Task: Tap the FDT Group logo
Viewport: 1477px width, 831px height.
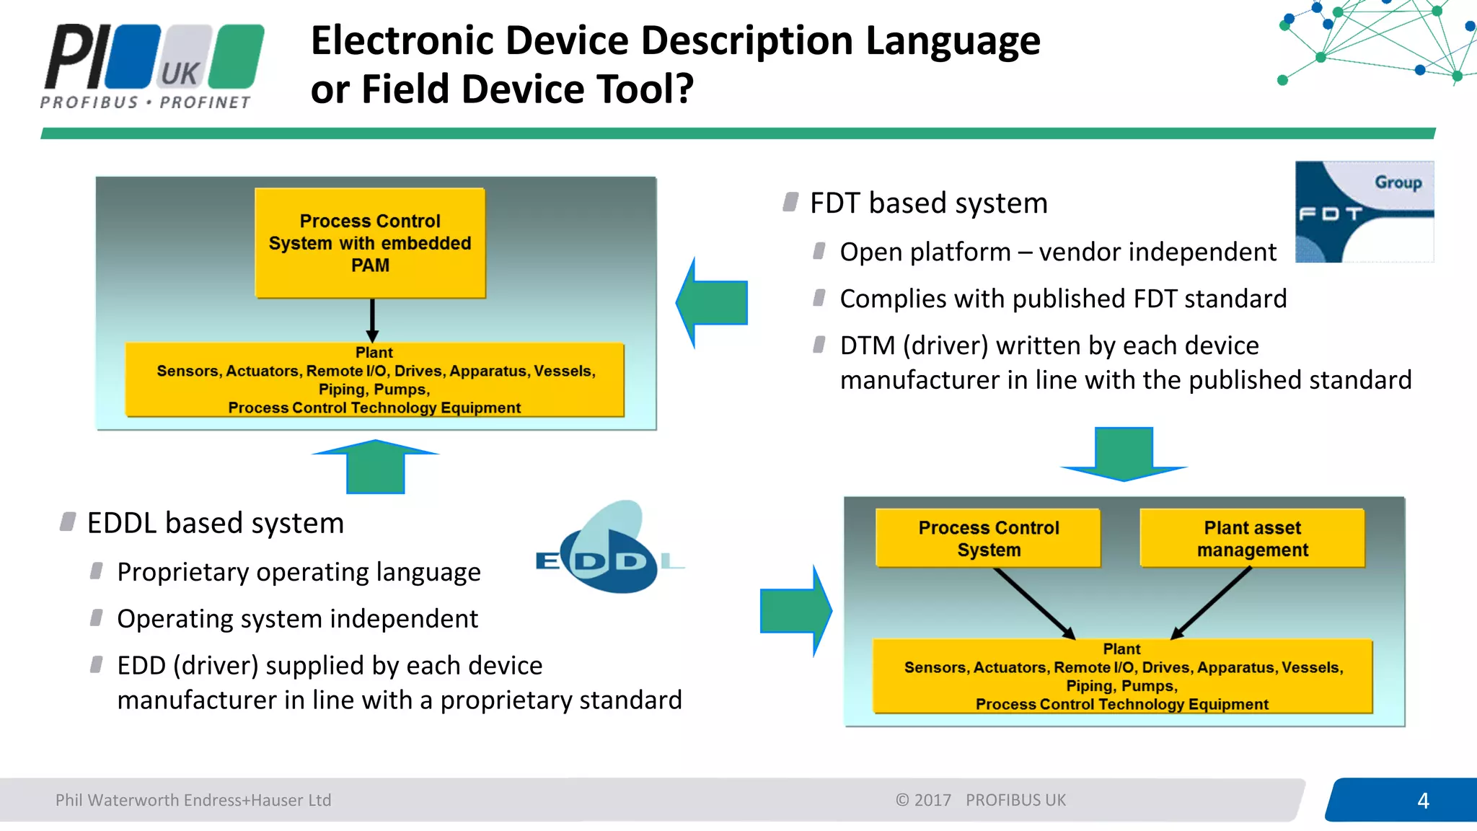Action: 1364,211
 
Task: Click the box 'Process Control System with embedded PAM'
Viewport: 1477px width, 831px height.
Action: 370,243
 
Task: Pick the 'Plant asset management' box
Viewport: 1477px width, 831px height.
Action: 1252,538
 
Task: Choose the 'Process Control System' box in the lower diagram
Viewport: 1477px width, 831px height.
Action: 988,538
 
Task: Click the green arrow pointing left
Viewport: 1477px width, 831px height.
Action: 713,303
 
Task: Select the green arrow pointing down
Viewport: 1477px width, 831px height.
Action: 1124,454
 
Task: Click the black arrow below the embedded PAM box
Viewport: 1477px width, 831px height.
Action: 372,320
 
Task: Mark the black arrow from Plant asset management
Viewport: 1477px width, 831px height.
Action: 1211,603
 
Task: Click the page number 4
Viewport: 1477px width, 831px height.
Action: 1423,800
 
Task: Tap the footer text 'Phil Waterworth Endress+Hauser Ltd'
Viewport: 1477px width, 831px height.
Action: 193,800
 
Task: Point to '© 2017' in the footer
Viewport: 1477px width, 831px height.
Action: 923,800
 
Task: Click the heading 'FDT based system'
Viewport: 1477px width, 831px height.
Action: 928,203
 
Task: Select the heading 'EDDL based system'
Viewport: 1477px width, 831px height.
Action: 215,523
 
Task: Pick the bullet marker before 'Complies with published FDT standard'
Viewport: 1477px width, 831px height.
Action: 819,298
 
